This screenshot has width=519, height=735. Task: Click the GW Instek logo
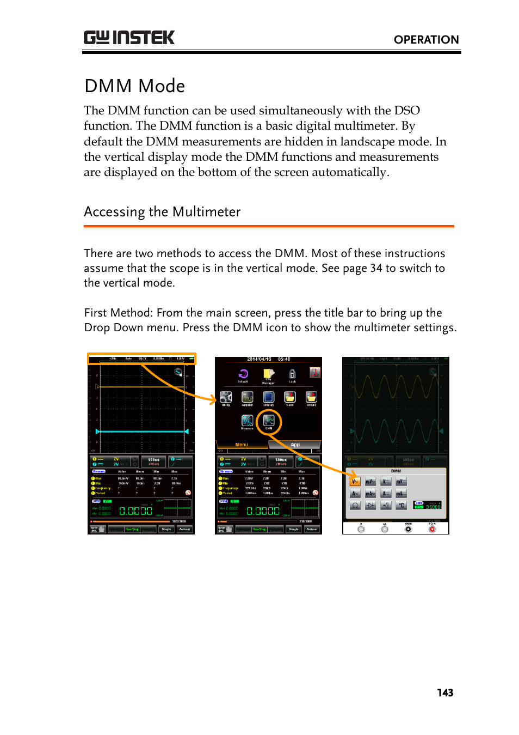(x=129, y=38)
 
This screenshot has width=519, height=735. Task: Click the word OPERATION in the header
(x=426, y=40)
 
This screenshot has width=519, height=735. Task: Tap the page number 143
(x=444, y=693)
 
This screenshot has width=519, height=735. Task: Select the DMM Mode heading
(x=135, y=86)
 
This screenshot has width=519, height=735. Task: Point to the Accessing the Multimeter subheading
(x=162, y=212)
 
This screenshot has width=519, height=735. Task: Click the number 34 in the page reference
(x=376, y=268)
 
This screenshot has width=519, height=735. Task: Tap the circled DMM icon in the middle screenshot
(x=269, y=420)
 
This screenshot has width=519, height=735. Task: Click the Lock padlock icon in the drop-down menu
(x=292, y=374)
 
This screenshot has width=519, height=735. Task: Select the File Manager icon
(x=268, y=374)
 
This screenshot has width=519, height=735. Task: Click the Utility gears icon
(x=226, y=397)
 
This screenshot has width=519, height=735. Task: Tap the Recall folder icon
(x=311, y=397)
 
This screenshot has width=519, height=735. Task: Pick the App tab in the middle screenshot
(x=295, y=445)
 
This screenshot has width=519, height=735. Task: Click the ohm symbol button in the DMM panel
(x=355, y=506)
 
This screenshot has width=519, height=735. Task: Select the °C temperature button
(x=401, y=506)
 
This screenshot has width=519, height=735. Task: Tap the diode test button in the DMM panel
(x=370, y=506)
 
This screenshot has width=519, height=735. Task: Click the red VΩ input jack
(x=432, y=529)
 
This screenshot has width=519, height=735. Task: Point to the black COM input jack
(x=408, y=529)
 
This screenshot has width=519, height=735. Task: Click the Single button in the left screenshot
(x=166, y=529)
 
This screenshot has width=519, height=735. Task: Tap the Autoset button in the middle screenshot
(x=312, y=529)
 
